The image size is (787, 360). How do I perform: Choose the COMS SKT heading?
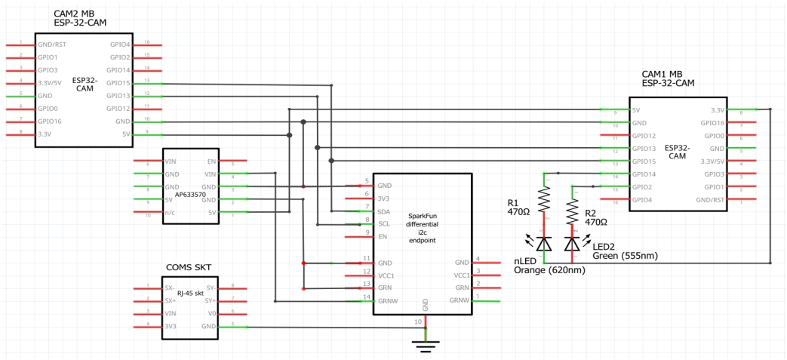click(189, 268)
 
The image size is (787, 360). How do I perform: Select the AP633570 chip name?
click(191, 194)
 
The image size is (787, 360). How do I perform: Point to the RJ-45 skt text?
click(190, 295)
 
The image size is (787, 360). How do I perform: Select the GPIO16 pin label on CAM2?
click(50, 121)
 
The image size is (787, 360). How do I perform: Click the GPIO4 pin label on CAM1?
click(644, 200)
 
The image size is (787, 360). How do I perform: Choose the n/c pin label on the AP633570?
click(171, 213)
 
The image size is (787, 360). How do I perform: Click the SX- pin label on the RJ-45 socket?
click(171, 288)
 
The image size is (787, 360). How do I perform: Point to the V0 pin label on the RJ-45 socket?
click(212, 313)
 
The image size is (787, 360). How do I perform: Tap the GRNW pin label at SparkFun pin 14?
click(388, 300)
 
